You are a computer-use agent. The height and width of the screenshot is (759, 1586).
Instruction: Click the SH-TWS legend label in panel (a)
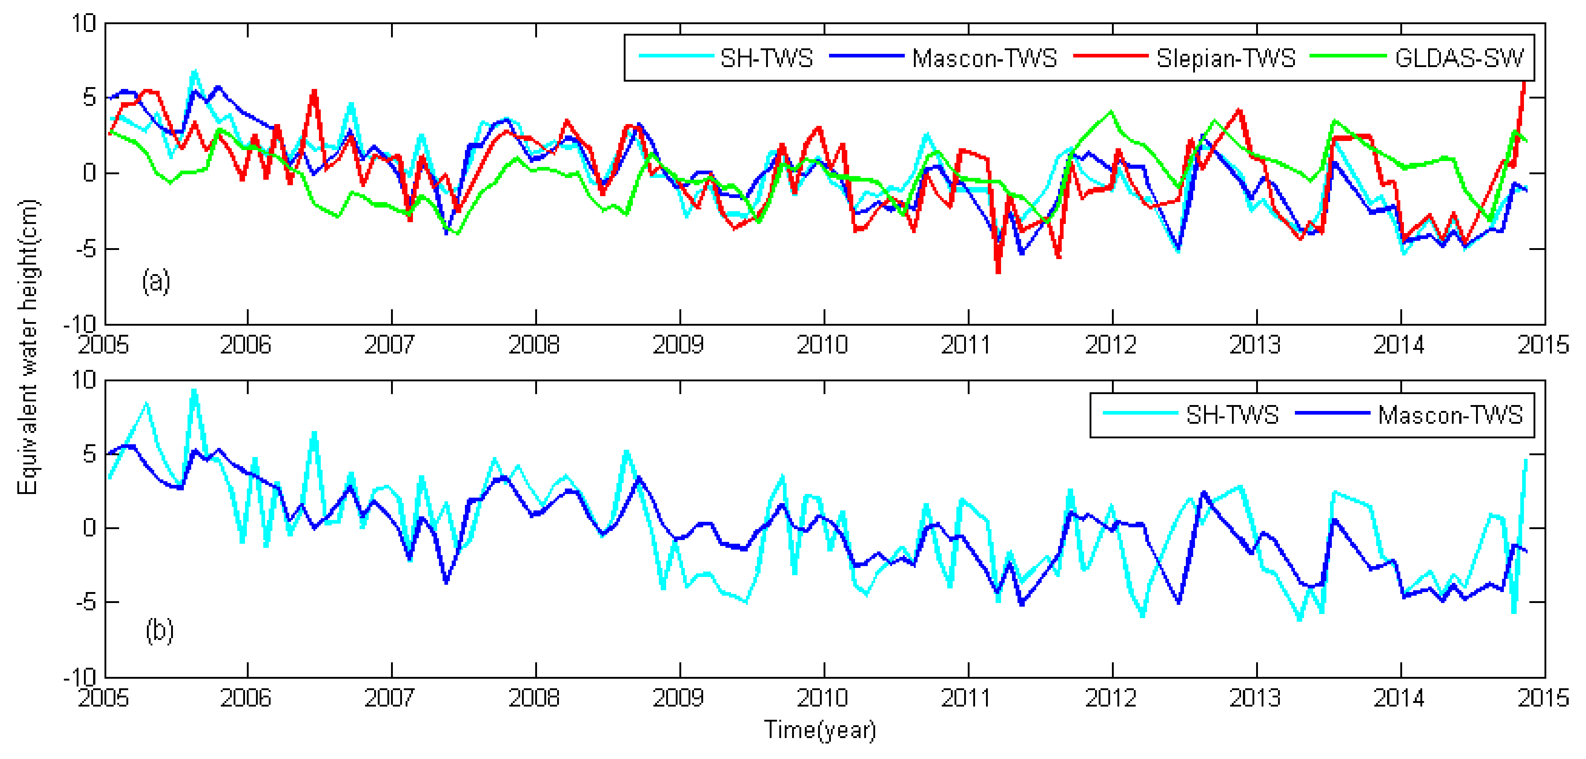[766, 58]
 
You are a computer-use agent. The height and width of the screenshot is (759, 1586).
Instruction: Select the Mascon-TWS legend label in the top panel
[984, 58]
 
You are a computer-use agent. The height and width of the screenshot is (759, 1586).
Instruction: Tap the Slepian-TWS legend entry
[1225, 58]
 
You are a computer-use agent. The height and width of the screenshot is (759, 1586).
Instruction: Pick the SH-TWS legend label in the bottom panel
[1232, 415]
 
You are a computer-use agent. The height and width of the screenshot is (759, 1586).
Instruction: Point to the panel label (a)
[156, 281]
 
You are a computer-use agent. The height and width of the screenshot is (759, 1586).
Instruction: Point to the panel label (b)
[159, 631]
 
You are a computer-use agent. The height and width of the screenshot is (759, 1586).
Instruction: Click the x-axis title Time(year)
[819, 730]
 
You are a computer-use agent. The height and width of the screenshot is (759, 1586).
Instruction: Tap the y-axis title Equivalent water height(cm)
[28, 347]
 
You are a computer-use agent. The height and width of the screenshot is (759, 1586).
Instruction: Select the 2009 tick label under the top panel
[678, 345]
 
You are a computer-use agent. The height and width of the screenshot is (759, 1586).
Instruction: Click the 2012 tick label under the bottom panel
[1111, 698]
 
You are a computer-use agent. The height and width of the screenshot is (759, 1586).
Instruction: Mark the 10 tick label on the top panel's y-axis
[84, 24]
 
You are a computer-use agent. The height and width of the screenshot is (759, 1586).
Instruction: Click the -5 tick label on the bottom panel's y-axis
[86, 602]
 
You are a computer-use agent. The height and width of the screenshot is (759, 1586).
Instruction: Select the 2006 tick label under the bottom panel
[245, 698]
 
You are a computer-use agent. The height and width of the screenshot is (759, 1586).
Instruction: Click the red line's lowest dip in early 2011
[998, 271]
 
